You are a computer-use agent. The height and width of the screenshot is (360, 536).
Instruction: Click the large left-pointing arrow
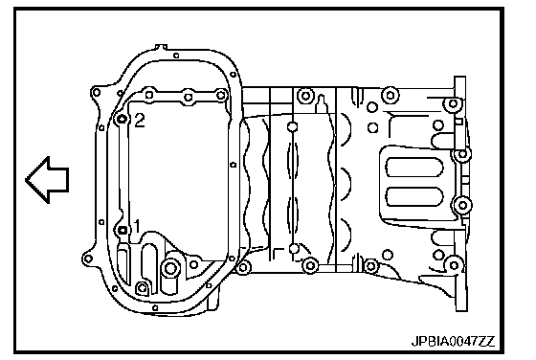(48, 180)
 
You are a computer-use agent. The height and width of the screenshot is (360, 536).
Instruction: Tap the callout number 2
(140, 121)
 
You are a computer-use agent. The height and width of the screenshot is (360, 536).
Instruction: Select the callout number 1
(137, 226)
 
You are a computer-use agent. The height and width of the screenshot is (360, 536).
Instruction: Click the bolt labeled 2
(122, 120)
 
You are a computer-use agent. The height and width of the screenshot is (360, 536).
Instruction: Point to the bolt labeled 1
(123, 231)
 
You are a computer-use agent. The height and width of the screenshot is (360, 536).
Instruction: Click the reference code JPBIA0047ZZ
(454, 341)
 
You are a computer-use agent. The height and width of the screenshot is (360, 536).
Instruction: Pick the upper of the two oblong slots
(414, 168)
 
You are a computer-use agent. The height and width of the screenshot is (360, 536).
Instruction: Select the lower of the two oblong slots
(414, 196)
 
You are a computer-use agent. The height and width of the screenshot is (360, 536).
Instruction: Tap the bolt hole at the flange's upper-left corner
(97, 92)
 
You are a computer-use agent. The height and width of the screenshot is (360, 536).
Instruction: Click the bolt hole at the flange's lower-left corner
(88, 259)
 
